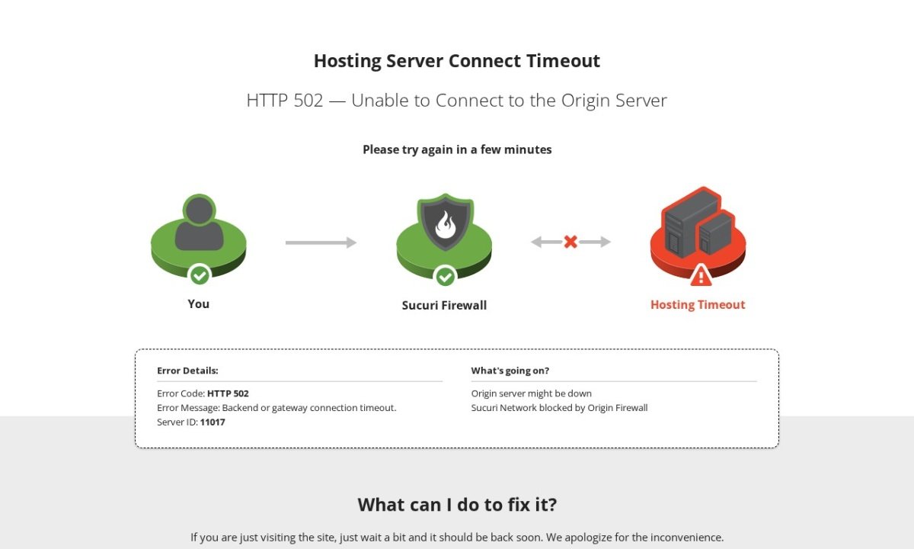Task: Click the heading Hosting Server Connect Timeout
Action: pos(456,61)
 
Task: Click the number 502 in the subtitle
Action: pos(308,101)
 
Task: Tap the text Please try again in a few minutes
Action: pos(457,149)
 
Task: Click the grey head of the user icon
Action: pos(199,210)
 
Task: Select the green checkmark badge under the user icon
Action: pos(200,276)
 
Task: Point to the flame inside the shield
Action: pos(445,224)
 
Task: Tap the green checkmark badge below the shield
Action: pos(445,277)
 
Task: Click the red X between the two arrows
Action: pos(570,242)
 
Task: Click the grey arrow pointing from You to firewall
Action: pos(321,242)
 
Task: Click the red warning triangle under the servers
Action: pos(701,276)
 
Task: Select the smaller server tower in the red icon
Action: pos(716,233)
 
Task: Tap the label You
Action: pos(198,304)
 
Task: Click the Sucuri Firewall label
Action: pos(444,306)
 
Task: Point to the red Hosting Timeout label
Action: pos(698,305)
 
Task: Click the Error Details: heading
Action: pos(187,371)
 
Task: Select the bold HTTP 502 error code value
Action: pos(228,393)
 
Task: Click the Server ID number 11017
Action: pos(213,422)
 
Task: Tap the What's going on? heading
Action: pos(510,371)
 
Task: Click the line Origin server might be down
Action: pos(532,393)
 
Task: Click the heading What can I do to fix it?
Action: pos(457,505)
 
